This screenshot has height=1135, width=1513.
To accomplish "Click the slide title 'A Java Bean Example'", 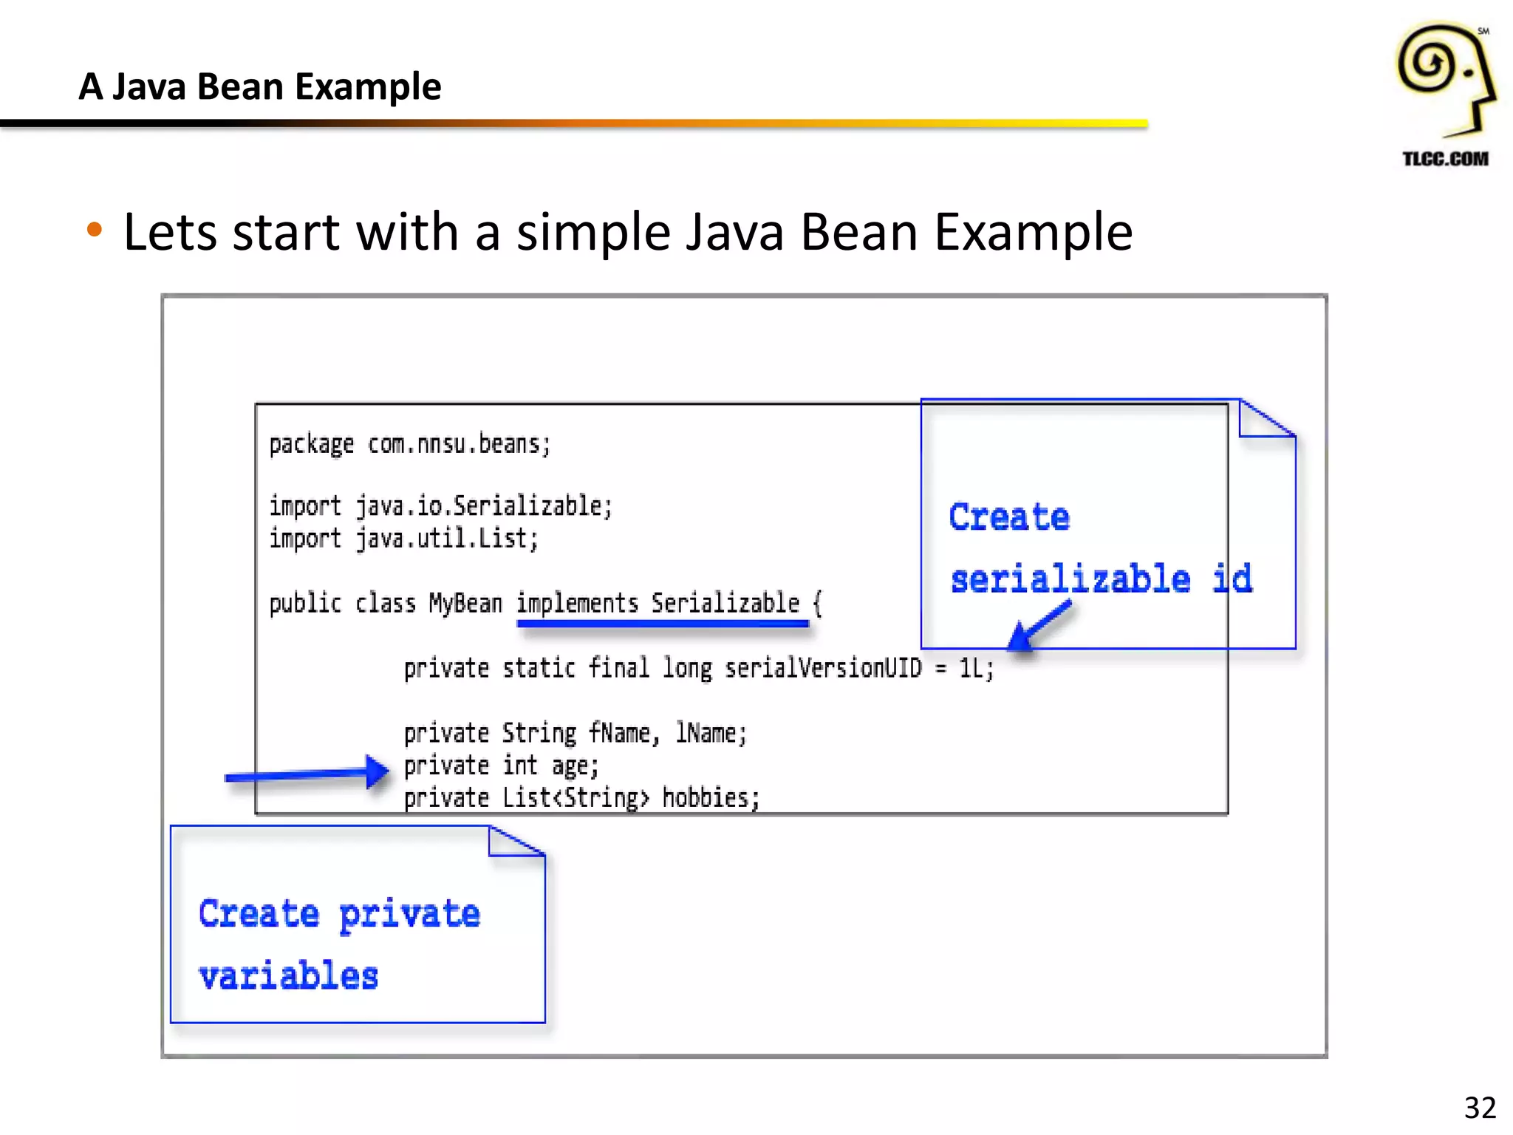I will point(260,87).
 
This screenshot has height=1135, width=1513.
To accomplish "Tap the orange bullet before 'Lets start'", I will point(94,230).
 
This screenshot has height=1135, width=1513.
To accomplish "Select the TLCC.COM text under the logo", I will point(1445,159).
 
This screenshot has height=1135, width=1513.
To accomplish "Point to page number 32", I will point(1480,1108).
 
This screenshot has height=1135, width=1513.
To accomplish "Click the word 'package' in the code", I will point(311,445).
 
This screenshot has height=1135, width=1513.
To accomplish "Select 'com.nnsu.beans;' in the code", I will point(459,444).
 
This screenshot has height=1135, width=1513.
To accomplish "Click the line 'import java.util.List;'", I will point(403,539).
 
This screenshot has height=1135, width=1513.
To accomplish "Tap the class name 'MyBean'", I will point(465,604).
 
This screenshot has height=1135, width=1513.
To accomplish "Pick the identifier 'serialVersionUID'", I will point(823,668).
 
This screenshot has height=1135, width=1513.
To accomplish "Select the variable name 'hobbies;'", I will point(711,798).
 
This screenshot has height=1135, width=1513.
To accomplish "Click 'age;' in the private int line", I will point(575,766).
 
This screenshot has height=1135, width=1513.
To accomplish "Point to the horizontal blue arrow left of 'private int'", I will point(307,774).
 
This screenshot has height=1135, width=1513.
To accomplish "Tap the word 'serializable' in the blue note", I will point(1070,579).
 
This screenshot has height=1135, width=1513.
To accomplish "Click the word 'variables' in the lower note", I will point(289,976).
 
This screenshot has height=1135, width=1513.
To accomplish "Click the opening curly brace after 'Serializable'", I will point(817,604).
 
